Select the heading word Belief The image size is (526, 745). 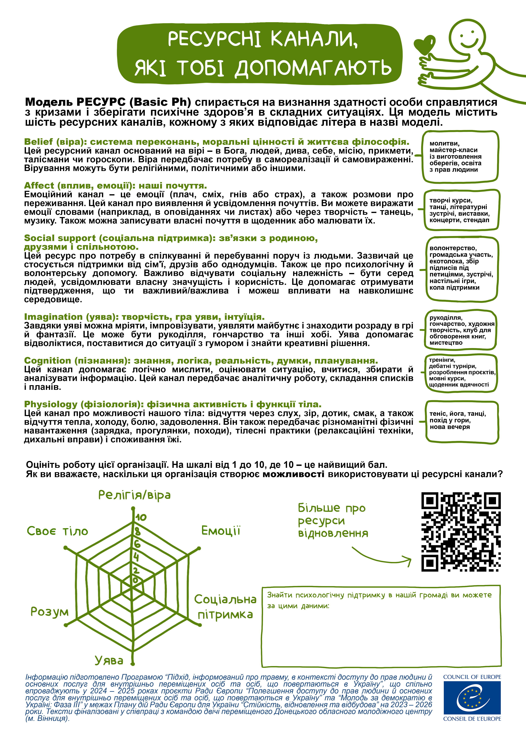click(38, 142)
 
